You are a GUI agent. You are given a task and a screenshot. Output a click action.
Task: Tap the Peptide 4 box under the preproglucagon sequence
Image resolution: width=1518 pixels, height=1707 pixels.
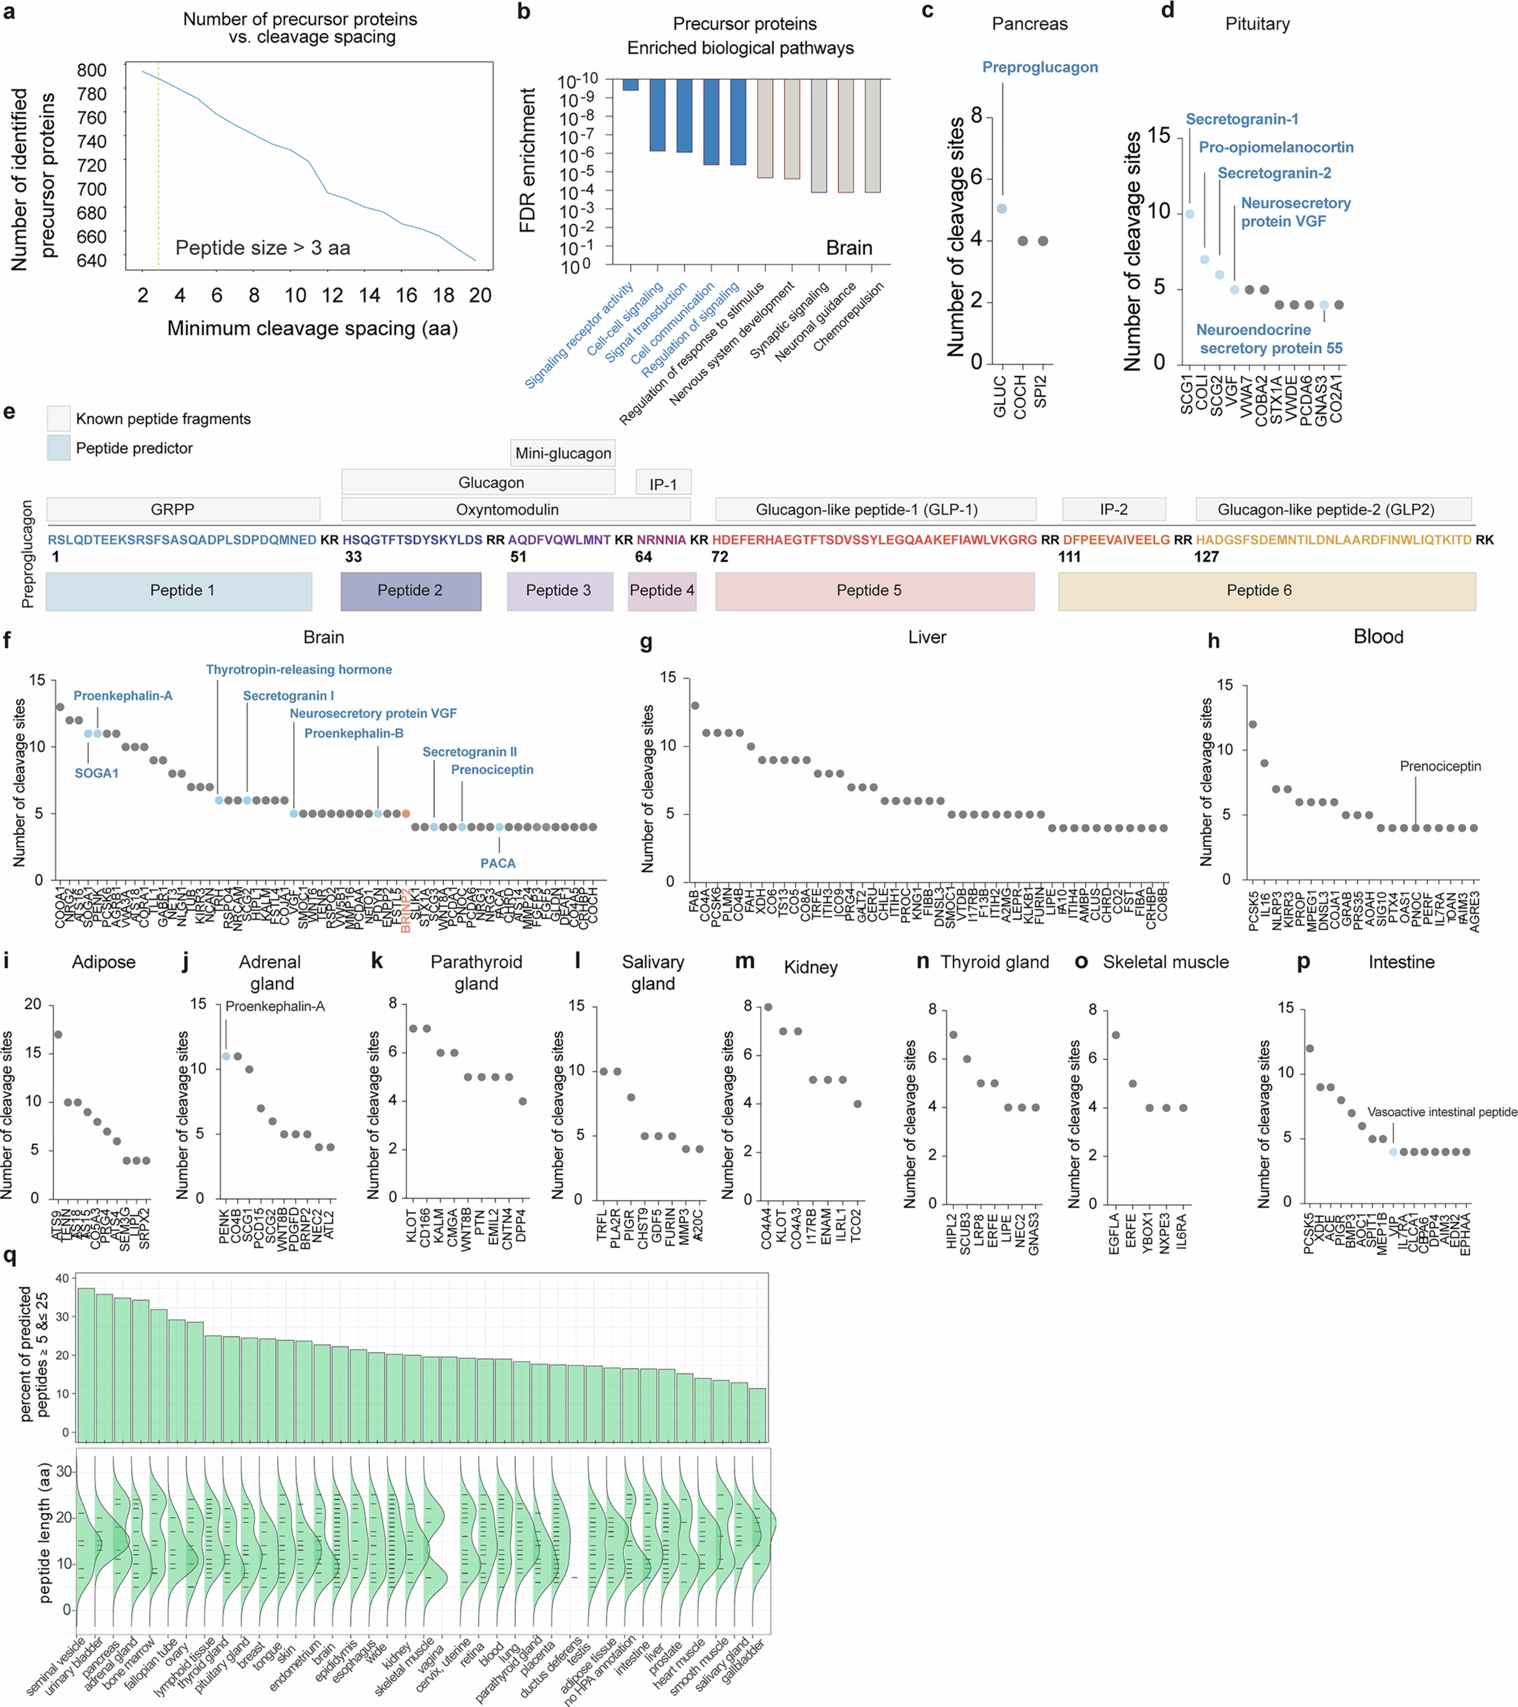click(662, 590)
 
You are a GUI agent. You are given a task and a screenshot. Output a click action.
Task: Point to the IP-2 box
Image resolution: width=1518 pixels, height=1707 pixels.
click(1114, 509)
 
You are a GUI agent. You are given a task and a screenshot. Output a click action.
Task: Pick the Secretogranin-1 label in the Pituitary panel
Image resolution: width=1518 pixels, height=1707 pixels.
click(1242, 119)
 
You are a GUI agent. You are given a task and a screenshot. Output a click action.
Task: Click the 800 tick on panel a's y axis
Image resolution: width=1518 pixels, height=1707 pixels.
click(92, 70)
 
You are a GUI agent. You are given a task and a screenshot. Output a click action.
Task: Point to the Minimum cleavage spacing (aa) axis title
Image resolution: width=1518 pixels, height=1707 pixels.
click(313, 328)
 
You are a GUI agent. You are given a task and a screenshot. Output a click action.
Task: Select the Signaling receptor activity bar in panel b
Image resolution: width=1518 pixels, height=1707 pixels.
click(631, 84)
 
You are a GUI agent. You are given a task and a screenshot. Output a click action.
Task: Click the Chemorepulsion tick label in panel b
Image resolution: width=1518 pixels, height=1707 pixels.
click(848, 317)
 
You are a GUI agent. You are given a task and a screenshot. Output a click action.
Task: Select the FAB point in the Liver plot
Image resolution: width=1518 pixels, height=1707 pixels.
click(694, 706)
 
